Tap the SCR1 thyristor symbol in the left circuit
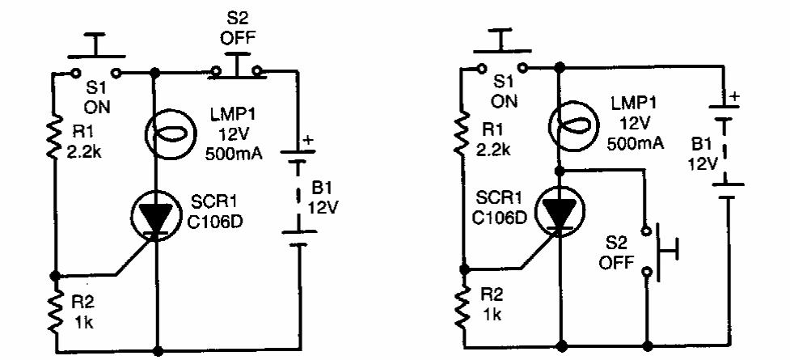(154, 213)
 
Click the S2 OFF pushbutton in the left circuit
(237, 68)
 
